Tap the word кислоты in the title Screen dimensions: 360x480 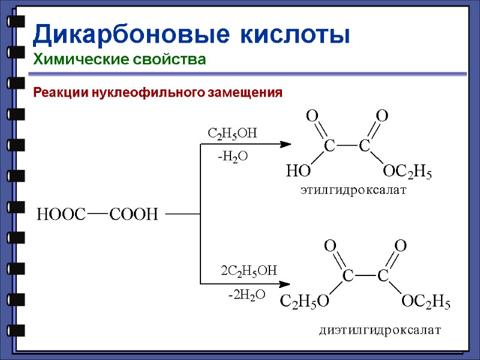coord(295,34)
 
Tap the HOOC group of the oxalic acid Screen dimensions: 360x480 coord(62,214)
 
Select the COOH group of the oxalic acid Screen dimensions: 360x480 coord(133,214)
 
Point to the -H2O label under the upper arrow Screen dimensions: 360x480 coord(232,157)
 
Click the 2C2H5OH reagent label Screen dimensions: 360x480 coord(249,271)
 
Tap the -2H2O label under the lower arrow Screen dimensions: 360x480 coord(246,295)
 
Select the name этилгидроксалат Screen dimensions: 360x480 coord(353,191)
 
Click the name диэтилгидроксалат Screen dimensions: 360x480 coord(379,329)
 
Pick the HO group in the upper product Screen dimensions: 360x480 coord(298,173)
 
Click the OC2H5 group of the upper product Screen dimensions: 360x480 coord(407,173)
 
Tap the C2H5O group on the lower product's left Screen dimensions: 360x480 coord(304,302)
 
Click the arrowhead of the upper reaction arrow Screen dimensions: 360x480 coord(286,144)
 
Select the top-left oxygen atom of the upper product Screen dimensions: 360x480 coord(312,115)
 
